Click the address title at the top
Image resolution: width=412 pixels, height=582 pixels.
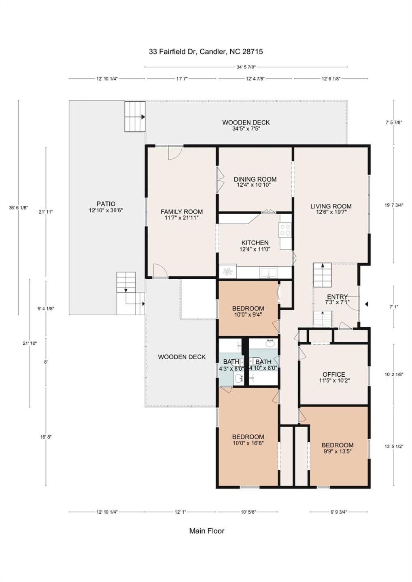click(x=206, y=52)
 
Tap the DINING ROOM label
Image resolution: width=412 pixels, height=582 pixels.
click(x=255, y=179)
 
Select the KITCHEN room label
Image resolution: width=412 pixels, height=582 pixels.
click(x=255, y=242)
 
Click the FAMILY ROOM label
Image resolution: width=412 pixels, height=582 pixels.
click(x=181, y=212)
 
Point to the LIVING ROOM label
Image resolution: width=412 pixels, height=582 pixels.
click(x=331, y=206)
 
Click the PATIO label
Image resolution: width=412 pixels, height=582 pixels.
click(x=106, y=204)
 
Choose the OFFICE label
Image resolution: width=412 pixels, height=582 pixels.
click(x=333, y=375)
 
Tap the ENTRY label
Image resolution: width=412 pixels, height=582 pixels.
click(x=337, y=297)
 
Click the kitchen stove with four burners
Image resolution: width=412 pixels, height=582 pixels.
click(x=285, y=230)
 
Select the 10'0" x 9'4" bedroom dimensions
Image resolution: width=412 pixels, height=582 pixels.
click(x=248, y=314)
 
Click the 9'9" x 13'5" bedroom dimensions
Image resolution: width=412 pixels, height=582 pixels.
click(x=337, y=451)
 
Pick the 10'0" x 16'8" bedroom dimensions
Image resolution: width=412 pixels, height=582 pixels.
click(x=248, y=443)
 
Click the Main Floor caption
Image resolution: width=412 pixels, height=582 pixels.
click(x=206, y=531)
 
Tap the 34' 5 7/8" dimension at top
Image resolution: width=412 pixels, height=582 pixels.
click(x=246, y=67)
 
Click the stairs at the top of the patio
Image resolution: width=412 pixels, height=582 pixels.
click(x=134, y=116)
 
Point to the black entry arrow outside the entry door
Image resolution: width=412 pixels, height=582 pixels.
click(x=366, y=304)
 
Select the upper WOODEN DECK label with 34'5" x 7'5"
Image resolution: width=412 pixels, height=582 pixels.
click(x=246, y=125)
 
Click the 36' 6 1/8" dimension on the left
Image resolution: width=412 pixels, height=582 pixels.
click(x=19, y=208)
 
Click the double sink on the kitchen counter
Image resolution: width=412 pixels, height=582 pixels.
click(x=268, y=272)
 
